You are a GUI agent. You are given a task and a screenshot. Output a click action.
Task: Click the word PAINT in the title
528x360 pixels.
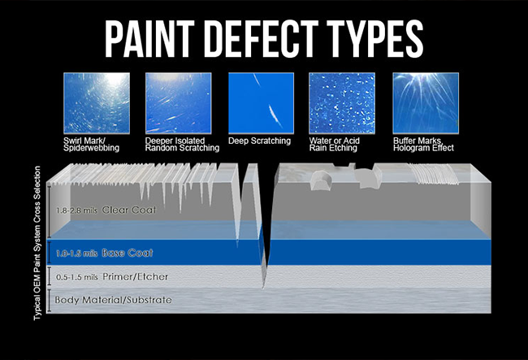(149, 39)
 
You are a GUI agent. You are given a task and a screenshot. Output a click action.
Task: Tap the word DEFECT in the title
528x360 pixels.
(262, 39)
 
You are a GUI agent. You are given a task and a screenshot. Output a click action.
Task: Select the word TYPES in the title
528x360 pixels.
(375, 39)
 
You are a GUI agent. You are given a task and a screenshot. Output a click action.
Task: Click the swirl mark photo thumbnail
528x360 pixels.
(97, 103)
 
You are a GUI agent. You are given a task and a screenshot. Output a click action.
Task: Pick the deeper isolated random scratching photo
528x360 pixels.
(179, 103)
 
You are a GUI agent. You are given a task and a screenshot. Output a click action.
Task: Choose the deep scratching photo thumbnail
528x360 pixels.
(261, 103)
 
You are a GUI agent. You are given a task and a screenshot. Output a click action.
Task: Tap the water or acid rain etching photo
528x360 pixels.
(342, 103)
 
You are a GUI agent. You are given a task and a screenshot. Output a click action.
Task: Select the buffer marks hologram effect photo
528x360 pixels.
(426, 103)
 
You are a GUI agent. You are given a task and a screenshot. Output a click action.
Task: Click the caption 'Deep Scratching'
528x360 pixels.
(259, 141)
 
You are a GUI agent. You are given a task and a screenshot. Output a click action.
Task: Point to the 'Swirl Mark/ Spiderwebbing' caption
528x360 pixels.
(91, 144)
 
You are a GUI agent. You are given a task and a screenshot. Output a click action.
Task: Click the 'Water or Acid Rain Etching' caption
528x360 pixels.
(335, 144)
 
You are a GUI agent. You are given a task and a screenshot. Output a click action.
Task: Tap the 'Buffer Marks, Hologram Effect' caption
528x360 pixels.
(423, 144)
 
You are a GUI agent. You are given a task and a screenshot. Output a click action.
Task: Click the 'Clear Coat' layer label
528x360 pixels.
(129, 210)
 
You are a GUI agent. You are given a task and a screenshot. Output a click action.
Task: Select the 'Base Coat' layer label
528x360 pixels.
(128, 253)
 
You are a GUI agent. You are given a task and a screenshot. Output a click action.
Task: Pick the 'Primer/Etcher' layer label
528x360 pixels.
(136, 277)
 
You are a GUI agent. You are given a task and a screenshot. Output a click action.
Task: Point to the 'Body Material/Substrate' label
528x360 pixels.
(113, 300)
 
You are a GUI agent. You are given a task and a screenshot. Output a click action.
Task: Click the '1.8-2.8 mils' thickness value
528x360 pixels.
(76, 210)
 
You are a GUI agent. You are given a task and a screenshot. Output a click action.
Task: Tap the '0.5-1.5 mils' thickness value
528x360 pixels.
(77, 277)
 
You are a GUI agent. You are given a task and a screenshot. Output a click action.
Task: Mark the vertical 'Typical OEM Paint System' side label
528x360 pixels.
(37, 243)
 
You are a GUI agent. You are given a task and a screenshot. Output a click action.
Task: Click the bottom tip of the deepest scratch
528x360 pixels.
(263, 288)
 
